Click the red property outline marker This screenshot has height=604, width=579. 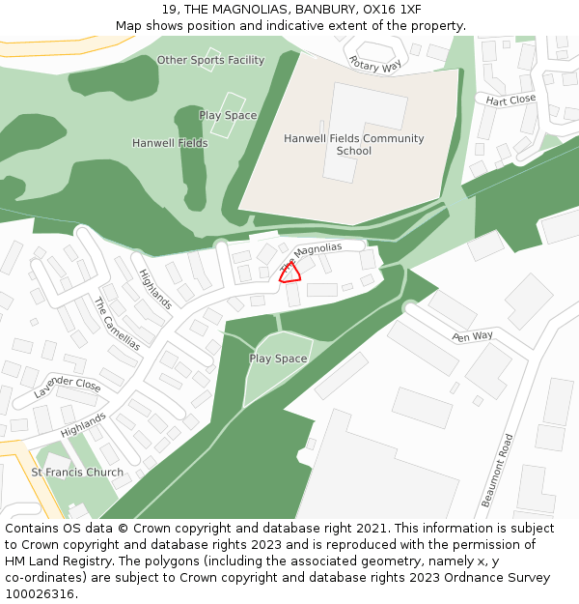coord(289,273)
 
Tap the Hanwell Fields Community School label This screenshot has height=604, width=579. coord(353,145)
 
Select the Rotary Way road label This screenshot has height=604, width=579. coord(375,65)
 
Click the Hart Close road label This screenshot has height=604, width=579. coord(510,100)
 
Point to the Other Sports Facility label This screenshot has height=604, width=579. coord(210,60)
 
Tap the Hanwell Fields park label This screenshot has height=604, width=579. coord(170,143)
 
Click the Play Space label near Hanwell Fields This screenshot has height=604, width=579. coord(228,115)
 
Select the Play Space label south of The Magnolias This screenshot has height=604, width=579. coord(278,359)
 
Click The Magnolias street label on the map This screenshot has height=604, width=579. coord(311,256)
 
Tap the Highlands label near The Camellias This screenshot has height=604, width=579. coord(154,288)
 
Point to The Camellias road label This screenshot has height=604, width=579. coord(116,323)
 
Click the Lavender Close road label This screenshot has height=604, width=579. coord(68,388)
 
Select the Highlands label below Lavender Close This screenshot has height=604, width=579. coord(83,424)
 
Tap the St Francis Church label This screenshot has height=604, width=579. coord(77,473)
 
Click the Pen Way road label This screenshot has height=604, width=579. coord(472,336)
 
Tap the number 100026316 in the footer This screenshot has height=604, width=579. coord(39,594)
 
